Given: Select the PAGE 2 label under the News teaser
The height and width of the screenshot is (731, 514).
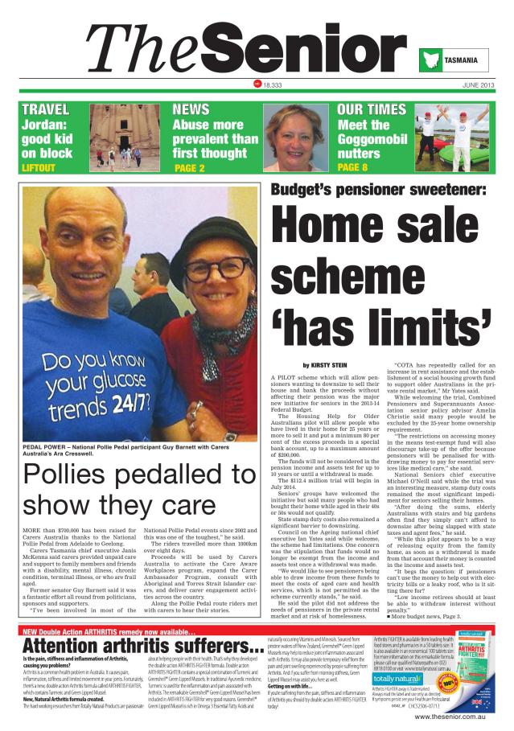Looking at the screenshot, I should click(x=190, y=168).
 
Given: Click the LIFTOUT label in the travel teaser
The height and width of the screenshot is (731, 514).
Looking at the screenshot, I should click(x=39, y=168).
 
